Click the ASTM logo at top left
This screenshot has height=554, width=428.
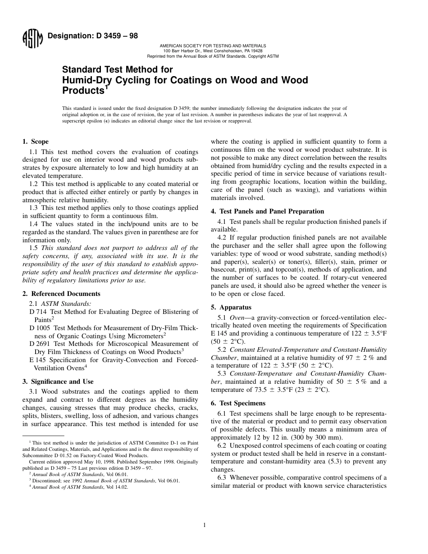point(32,39)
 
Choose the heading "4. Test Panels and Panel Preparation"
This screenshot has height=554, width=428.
point(267,211)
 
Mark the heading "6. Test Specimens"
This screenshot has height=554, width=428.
point(238,403)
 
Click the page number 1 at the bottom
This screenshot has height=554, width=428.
point(204,525)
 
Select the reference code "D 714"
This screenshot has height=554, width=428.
point(38,312)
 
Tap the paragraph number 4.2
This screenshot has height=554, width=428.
point(222,237)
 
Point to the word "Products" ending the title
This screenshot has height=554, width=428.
point(83,90)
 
